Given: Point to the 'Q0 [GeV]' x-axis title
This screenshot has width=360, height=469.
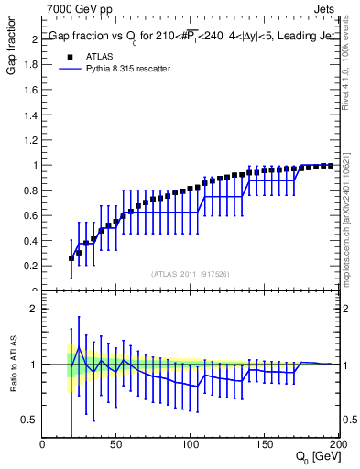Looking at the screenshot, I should click(315, 457).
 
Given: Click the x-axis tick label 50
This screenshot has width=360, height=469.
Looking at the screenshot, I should click(116, 445).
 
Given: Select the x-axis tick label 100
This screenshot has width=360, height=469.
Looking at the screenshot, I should click(190, 445).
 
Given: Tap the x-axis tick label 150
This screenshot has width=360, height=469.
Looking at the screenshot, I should click(264, 445).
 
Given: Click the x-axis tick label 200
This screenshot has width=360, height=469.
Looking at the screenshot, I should click(335, 445).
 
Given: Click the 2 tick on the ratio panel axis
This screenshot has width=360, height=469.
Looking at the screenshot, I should click(34, 309).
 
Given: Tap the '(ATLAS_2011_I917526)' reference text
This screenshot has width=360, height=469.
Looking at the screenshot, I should click(189, 274).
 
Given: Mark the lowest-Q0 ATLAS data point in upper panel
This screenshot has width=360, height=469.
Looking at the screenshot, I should click(71, 258).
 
